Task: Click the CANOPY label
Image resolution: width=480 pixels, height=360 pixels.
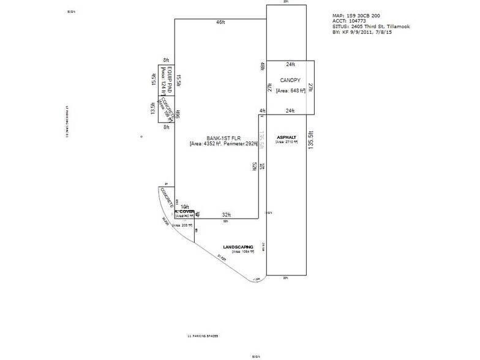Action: (x=290, y=80)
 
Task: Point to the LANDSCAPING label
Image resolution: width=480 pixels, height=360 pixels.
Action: (x=238, y=247)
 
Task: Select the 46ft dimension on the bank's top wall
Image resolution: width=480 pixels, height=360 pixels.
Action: (x=220, y=22)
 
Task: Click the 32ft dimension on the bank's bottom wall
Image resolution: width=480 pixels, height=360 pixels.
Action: (x=226, y=214)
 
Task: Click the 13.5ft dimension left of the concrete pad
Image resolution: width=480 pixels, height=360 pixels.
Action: (x=153, y=108)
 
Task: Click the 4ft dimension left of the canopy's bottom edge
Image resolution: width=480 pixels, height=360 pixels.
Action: (x=262, y=111)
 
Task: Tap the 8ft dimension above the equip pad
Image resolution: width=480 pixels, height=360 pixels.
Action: (x=165, y=60)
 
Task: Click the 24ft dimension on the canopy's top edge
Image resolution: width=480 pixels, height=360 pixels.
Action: (x=290, y=64)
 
